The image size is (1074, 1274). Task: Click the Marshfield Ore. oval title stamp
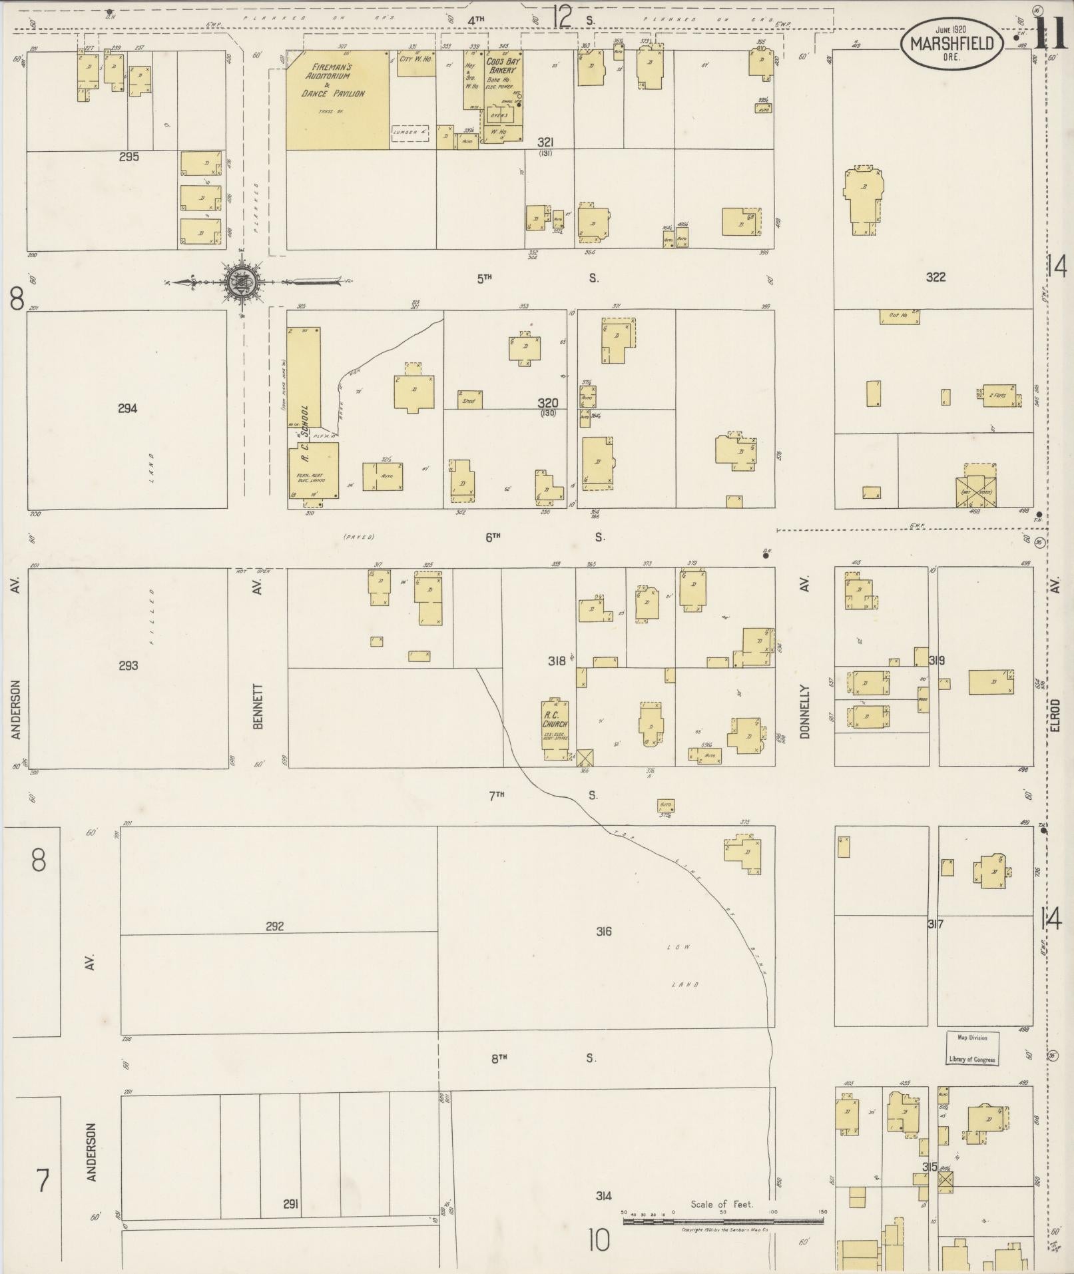951,45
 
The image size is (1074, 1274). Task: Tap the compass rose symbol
239,282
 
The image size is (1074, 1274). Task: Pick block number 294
127,408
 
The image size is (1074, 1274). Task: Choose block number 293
128,665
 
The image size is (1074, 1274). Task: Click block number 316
603,931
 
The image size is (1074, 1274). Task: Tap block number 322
936,277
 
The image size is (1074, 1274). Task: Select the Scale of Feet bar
722,1221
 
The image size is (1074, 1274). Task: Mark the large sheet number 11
1053,33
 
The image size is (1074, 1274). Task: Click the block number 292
274,926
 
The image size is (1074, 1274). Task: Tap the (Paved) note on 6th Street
360,537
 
